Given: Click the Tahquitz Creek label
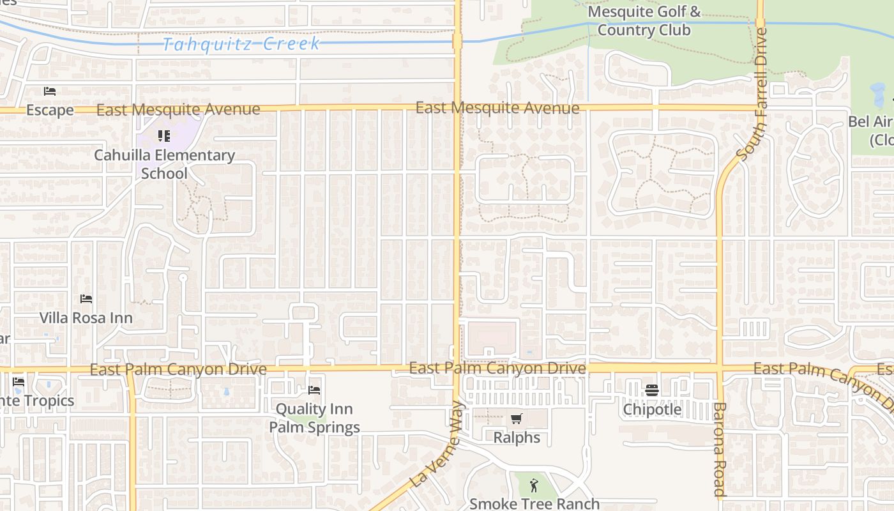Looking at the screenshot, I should tap(241, 43).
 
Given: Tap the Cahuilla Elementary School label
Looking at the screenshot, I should tap(164, 164).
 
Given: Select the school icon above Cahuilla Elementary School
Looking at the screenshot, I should tap(164, 135).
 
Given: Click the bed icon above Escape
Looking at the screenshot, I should tap(50, 91).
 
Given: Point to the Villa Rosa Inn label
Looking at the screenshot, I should tap(86, 317).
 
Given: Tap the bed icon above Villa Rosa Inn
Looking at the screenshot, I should tap(86, 298).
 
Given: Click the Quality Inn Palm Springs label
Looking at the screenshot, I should tap(314, 418).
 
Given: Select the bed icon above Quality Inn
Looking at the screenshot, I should tap(314, 390).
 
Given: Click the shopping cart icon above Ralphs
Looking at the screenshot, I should tap(517, 419).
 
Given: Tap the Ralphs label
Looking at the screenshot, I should tap(517, 438).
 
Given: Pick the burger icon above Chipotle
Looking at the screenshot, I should tap(652, 390).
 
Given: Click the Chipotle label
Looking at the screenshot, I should tap(652, 409).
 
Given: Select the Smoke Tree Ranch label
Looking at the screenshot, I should tap(534, 503).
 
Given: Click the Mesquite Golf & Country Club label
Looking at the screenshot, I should tap(644, 20).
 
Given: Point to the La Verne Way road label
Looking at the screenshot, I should tap(437, 445).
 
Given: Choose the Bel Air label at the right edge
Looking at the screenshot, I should tap(871, 130).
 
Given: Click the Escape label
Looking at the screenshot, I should tap(50, 110).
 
